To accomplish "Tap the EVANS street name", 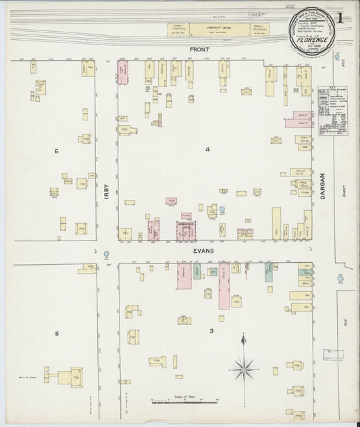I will pos(202,251).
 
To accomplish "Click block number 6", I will pos(57,151).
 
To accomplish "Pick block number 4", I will pos(208,149).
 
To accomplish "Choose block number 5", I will pos(57,333).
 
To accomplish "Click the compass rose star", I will pos(243,368).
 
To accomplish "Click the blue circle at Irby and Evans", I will pos(107,255).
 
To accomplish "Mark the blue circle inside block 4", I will pos(222,209).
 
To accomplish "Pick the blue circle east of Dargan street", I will pos(340,278).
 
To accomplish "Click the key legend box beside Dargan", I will pos(333,111).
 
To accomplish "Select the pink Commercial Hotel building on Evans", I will pos(185,230).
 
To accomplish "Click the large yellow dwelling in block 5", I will pos(70,376).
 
